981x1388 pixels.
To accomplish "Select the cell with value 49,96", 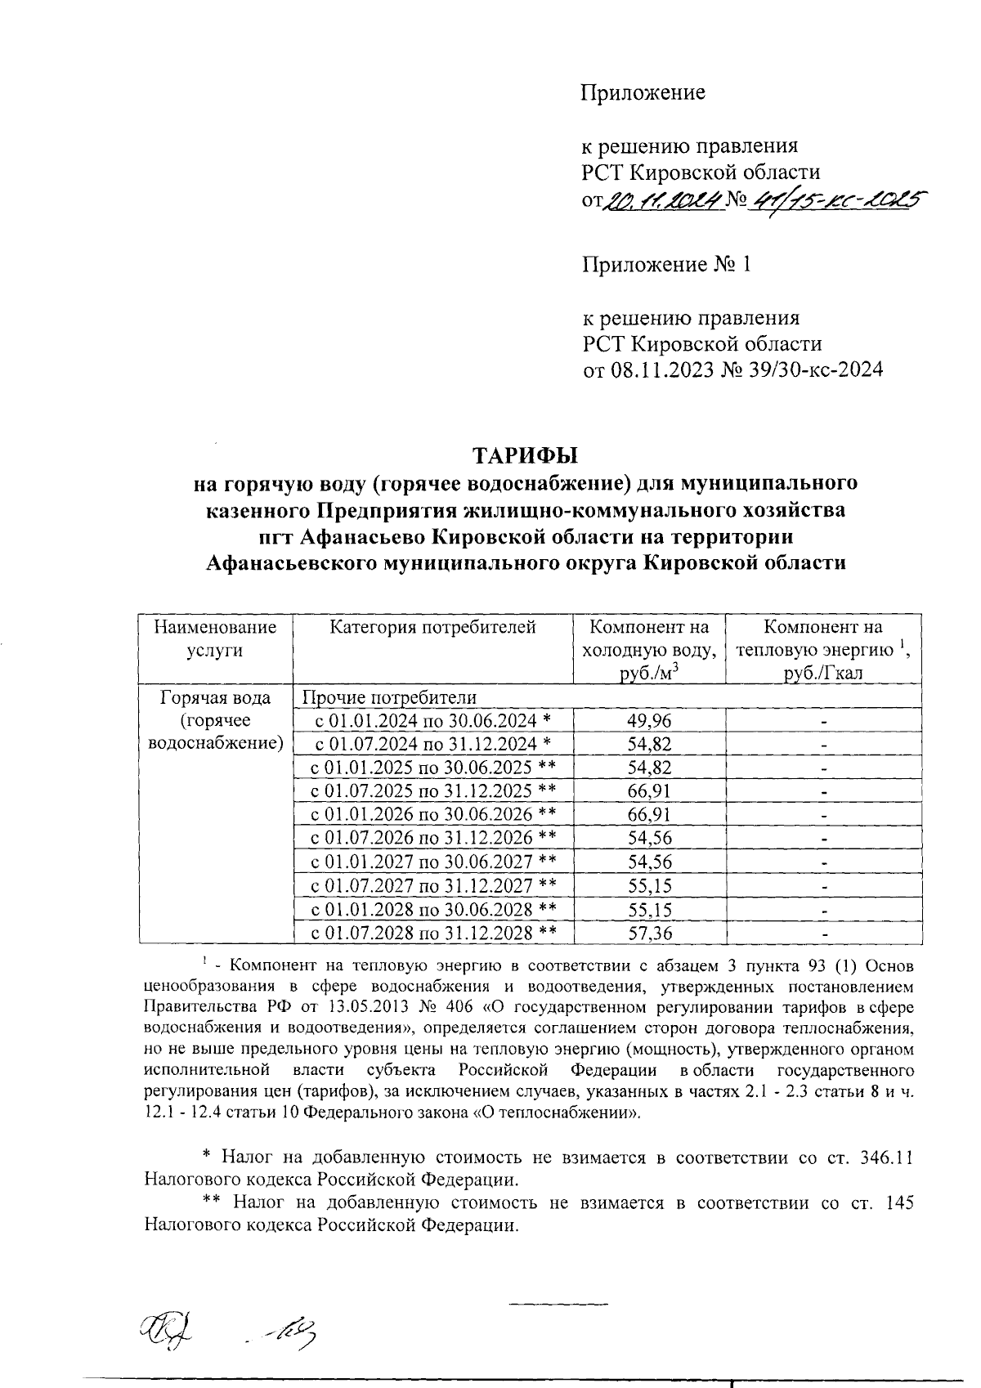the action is pos(649,720).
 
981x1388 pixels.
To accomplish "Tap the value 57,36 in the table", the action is pos(649,933).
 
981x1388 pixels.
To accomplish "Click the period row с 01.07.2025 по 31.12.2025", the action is pos(434,791).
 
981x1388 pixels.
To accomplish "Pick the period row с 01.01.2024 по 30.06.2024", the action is pos(434,720).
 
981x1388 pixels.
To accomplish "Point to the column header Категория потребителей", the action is pos(432,628).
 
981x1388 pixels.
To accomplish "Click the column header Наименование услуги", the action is pos(215,638).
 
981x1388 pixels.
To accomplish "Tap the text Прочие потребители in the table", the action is pos(389,697).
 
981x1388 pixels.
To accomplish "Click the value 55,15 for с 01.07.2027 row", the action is pos(649,886).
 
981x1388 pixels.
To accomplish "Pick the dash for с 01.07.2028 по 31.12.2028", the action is pos(825,934).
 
